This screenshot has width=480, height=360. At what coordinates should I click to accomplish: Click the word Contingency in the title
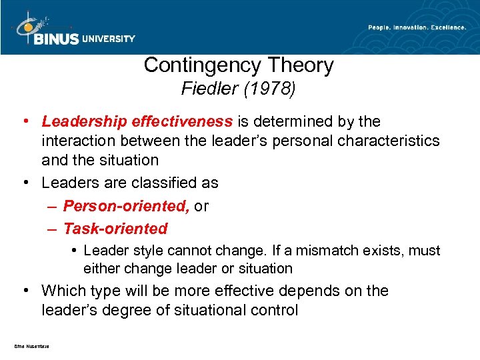click(201, 65)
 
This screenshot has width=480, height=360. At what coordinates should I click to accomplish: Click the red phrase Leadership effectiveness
click(137, 121)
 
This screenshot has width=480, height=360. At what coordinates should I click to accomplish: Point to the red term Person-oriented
click(126, 207)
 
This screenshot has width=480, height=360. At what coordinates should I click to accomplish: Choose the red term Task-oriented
click(115, 229)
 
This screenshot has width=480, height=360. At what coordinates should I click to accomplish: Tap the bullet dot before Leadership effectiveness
click(25, 121)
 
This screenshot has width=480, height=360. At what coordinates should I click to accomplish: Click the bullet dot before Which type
click(25, 291)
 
